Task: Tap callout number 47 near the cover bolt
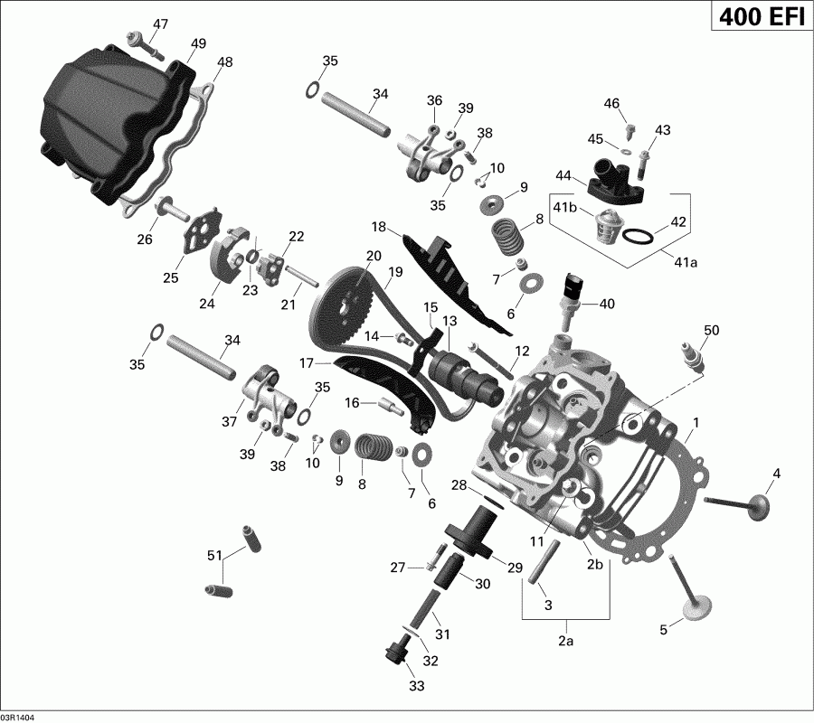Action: [x=160, y=23]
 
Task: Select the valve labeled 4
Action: [x=737, y=504]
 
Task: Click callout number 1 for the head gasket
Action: [x=696, y=423]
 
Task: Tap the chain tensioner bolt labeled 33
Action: [x=394, y=652]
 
